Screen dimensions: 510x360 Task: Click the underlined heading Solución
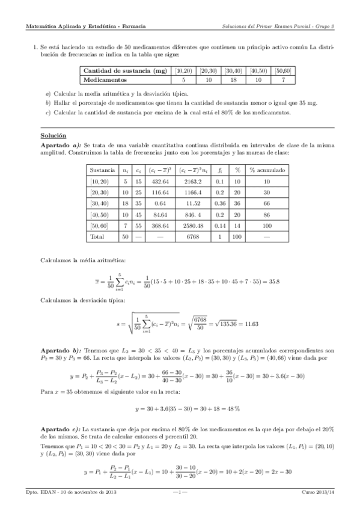tap(53, 136)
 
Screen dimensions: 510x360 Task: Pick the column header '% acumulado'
tap(268, 170)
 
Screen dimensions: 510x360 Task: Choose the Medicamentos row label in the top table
tap(105, 79)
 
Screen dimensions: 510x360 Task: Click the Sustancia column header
tap(102, 170)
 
